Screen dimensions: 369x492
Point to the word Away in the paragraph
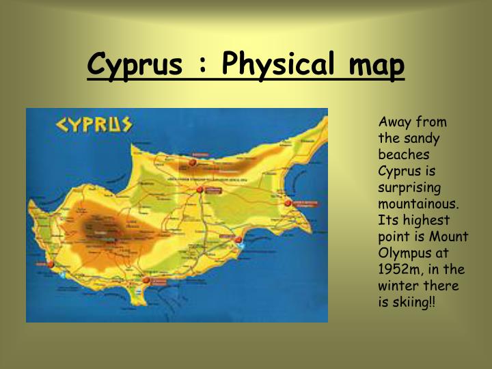[394, 122]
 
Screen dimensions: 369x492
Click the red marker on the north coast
[193, 163]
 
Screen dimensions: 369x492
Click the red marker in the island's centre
[200, 189]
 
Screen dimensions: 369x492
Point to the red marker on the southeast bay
[238, 239]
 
